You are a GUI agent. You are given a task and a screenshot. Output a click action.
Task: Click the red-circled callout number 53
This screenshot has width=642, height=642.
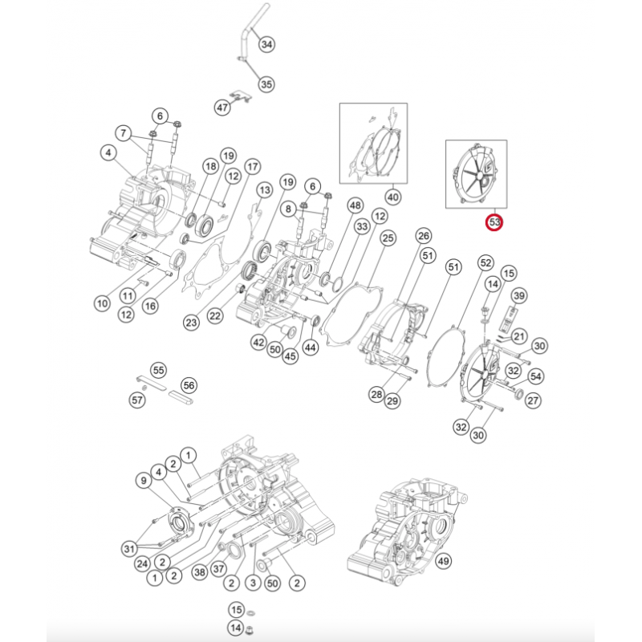(495, 221)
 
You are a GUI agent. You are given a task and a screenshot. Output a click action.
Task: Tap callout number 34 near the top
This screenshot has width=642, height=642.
(266, 44)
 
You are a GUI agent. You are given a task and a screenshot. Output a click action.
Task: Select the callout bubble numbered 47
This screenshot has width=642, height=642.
(222, 106)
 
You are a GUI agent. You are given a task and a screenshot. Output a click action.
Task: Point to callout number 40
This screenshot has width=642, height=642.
(393, 196)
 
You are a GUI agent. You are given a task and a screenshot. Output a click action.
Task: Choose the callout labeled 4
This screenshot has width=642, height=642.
(106, 151)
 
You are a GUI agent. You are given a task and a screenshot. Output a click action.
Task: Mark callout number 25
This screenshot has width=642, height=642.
(388, 238)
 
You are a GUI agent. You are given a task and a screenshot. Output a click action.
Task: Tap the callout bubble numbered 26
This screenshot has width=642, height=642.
(423, 235)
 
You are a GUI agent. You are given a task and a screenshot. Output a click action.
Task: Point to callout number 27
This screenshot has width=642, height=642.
(533, 400)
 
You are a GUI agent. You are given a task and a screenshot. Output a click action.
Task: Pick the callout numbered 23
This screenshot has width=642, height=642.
(190, 323)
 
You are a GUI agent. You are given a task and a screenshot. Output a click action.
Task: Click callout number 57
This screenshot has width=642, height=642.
(138, 399)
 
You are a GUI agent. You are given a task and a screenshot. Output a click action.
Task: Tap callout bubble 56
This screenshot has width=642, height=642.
(189, 384)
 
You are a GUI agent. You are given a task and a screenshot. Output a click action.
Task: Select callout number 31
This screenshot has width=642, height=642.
(129, 548)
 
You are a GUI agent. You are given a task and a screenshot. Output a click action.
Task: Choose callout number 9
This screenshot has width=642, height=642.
(143, 481)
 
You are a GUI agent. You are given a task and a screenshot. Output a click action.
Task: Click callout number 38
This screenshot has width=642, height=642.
(199, 573)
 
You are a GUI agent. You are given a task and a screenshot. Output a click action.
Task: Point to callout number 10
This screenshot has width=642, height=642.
(102, 303)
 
